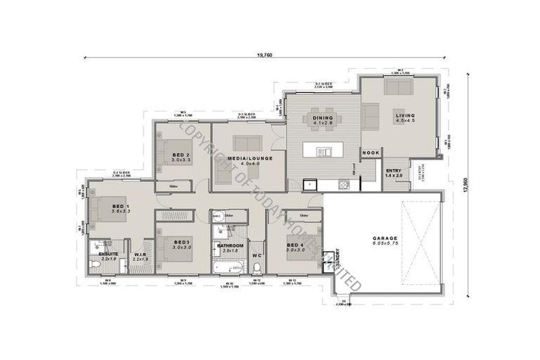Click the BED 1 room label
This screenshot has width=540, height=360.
click(121, 206)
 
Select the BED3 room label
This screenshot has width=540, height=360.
click(182, 241)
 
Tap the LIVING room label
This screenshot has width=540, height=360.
click(405, 115)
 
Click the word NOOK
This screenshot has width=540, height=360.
click(371, 152)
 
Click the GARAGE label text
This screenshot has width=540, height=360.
click(385, 239)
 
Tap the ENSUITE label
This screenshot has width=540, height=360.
click(108, 254)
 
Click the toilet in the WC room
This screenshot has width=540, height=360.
click(257, 267)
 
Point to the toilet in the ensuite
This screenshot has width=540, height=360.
click(97, 264)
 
